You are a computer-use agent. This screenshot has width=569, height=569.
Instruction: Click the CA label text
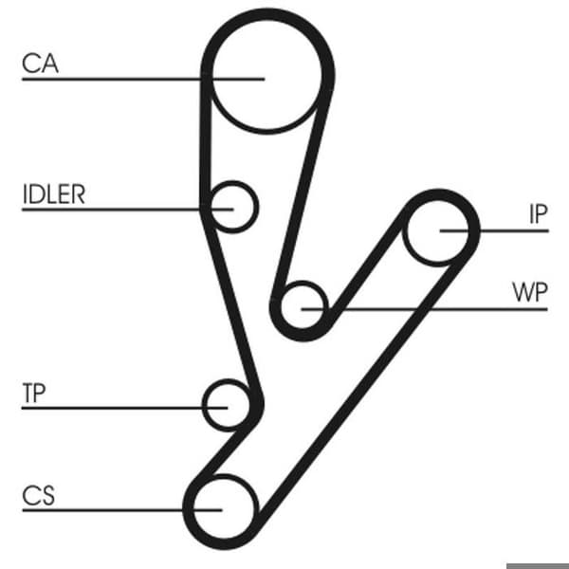40,64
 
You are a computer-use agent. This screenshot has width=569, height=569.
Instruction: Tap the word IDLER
54,194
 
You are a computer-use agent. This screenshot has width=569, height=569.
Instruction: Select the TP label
34,393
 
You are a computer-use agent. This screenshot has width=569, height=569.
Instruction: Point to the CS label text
39,495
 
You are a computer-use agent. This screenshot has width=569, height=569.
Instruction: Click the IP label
538,214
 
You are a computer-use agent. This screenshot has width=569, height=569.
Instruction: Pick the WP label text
530,292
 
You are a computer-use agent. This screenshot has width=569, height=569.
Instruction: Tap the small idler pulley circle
232,207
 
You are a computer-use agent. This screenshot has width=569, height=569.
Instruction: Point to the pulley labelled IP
438,230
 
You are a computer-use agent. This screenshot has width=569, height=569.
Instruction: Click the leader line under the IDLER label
128,210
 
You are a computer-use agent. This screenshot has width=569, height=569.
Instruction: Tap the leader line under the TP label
125,408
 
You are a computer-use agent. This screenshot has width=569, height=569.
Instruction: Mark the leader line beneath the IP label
494,230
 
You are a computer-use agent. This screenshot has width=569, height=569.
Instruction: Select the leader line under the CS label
122,510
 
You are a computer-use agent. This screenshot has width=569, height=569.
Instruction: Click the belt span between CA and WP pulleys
303,189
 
